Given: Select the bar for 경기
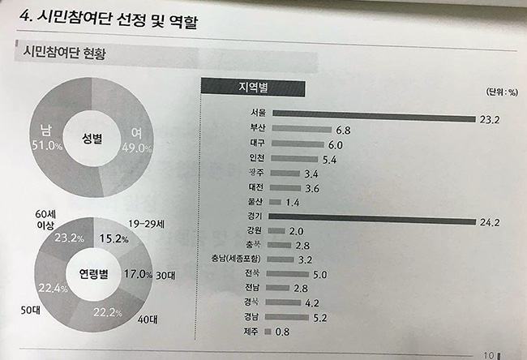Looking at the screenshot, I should point(373,217).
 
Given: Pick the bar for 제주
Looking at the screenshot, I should point(270,329).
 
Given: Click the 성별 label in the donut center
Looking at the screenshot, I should point(94,138).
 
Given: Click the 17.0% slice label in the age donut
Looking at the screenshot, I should point(132,274).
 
